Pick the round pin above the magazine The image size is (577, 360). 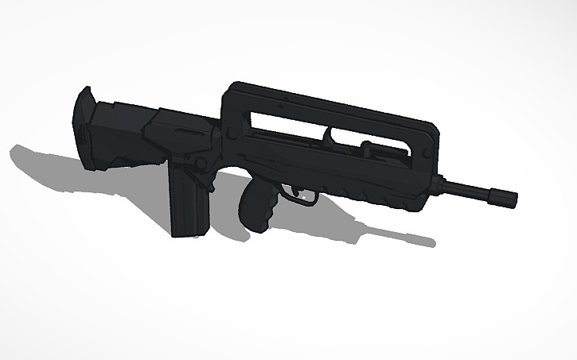point(201,163)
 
